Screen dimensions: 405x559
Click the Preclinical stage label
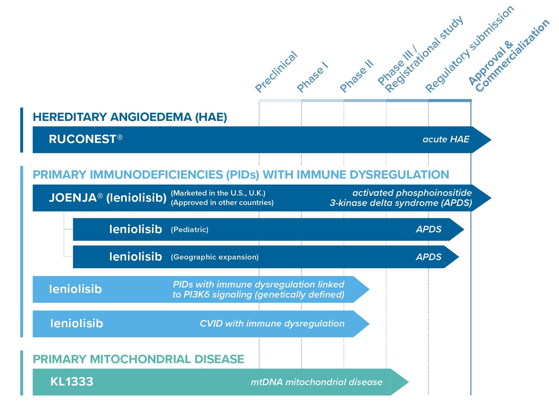tap(276, 72)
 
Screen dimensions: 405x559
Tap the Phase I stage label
tap(312, 77)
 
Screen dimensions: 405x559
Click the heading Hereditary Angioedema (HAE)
tap(130, 117)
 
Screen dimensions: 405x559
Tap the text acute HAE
tap(446, 139)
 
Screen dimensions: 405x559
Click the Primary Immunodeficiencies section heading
tap(241, 175)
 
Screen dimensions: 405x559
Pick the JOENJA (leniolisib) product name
tap(108, 198)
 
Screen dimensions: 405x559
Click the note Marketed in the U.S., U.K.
tap(218, 193)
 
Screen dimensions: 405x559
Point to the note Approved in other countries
tap(222, 202)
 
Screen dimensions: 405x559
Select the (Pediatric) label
tap(189, 230)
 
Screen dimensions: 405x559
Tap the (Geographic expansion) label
tap(215, 257)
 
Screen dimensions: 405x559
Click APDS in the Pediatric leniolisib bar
tap(428, 229)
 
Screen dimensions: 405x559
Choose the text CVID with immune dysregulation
tap(272, 323)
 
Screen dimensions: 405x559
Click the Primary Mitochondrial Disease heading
tap(138, 359)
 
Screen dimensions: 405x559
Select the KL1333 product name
tap(72, 382)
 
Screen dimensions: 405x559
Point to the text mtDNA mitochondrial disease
tap(317, 382)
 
